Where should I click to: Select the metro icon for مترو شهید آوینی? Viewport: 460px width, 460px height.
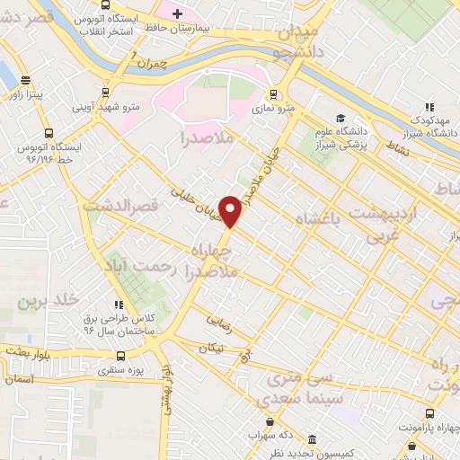[106, 92]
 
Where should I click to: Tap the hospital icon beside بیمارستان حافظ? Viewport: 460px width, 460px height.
[177, 13]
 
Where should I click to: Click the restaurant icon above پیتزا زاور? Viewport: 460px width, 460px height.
[23, 79]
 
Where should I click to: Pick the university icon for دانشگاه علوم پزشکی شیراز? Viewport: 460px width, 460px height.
[340, 118]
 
